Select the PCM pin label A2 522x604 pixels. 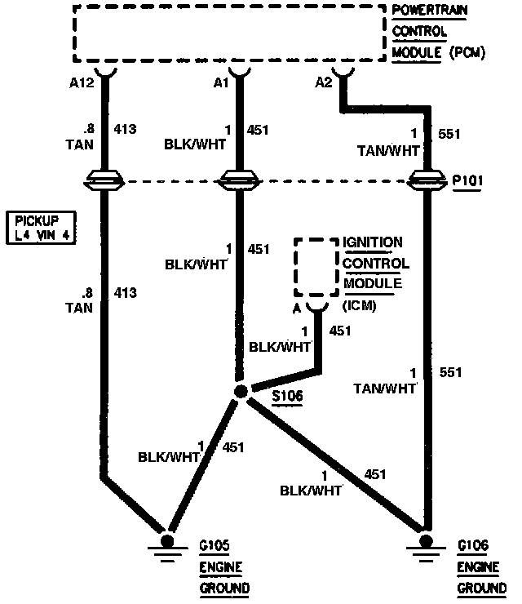[325, 82]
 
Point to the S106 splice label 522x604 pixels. [285, 397]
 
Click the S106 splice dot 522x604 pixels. [241, 392]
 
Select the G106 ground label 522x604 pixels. [473, 544]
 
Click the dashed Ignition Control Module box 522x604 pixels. [316, 267]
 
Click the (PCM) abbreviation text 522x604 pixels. [465, 53]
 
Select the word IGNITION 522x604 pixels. [374, 242]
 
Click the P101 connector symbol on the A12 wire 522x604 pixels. [104, 180]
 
